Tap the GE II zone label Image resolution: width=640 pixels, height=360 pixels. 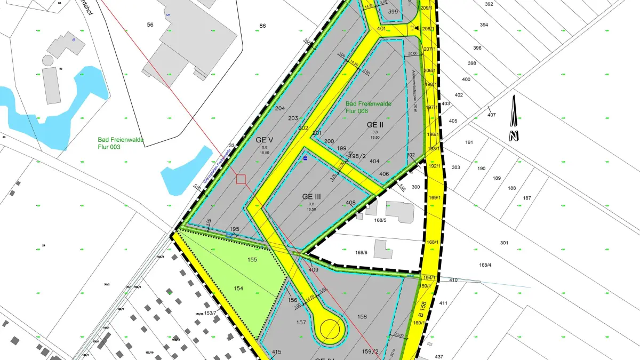tap(375, 124)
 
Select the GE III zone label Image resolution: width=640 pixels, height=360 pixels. tap(311, 196)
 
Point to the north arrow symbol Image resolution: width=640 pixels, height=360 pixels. tap(513, 118)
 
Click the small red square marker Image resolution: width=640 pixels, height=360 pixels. tap(241, 179)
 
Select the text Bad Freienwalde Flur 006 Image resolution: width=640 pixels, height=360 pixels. tap(368, 107)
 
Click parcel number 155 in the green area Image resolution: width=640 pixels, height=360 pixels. tap(252, 260)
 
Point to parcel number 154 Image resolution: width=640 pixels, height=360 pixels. tap(238, 288)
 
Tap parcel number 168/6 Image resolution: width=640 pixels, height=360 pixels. tap(362, 252)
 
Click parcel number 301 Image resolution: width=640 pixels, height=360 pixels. tap(504, 243)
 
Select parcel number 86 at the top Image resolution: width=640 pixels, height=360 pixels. tap(262, 26)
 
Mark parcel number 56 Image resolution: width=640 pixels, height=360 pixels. tap(150, 25)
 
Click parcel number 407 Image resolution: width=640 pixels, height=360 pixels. tap(491, 115)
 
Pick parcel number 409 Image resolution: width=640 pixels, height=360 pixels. tap(314, 270)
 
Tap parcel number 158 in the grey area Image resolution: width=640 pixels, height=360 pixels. tap(362, 317)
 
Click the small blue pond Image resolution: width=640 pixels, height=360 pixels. tap(185, 169)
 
